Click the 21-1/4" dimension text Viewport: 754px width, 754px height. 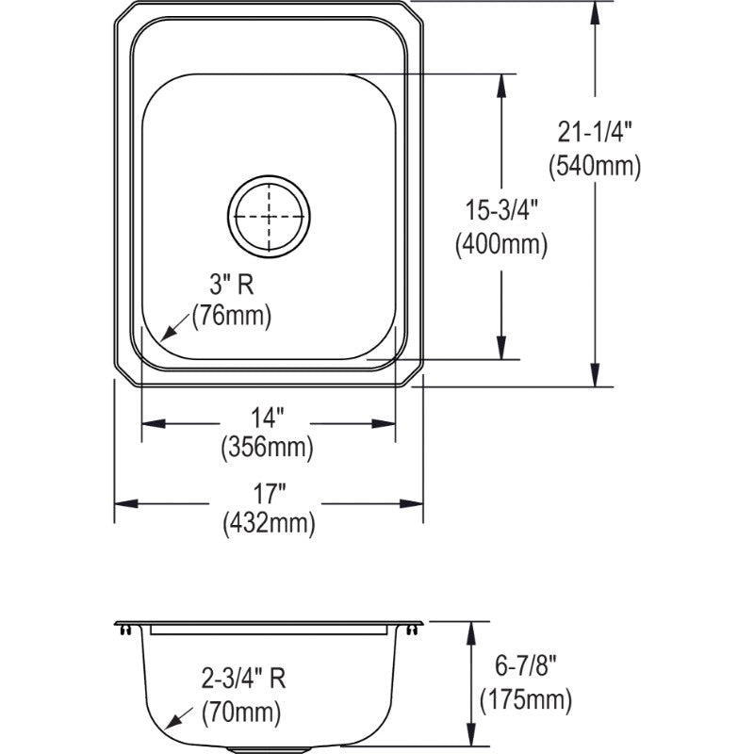(595, 132)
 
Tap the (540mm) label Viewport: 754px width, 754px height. (595, 167)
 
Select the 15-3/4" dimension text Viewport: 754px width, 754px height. (501, 210)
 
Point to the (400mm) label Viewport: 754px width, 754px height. (501, 245)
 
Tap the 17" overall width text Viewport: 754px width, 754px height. (269, 494)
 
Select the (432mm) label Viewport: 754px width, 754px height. (269, 523)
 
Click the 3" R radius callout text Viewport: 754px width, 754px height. (231, 285)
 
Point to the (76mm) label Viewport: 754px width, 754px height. (232, 317)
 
